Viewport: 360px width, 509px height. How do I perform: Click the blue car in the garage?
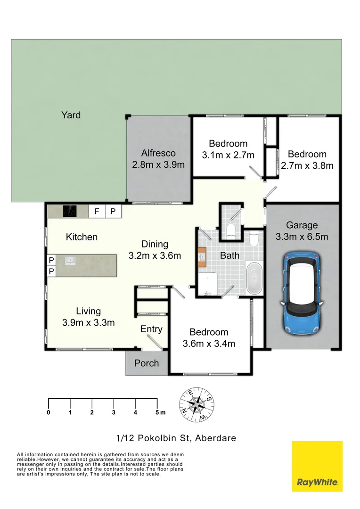[x=302, y=293]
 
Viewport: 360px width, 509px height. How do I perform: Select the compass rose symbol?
[x=197, y=404]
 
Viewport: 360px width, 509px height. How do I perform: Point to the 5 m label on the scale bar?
[x=161, y=413]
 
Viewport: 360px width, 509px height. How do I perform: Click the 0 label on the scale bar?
[x=49, y=413]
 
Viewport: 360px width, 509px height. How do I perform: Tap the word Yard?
[x=71, y=115]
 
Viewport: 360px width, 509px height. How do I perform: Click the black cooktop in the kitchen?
[x=70, y=211]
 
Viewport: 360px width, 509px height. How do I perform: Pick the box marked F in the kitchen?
[x=97, y=211]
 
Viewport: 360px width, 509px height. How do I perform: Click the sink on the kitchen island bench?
[x=70, y=260]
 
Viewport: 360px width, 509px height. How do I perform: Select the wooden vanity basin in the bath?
[x=203, y=257]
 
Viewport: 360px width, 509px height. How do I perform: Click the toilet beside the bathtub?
[x=254, y=239]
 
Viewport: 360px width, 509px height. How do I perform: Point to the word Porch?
[x=147, y=363]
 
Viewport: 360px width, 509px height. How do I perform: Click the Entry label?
[x=151, y=329]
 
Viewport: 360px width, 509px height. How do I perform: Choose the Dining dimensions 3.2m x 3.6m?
[x=155, y=256]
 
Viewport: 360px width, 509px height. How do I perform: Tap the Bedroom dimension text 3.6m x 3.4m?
[x=209, y=344]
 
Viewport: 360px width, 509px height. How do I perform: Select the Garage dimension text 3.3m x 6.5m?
[x=302, y=237]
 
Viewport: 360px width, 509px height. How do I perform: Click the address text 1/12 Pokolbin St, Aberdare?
[x=176, y=438]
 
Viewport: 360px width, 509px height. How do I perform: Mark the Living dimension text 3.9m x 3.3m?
[x=89, y=323]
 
